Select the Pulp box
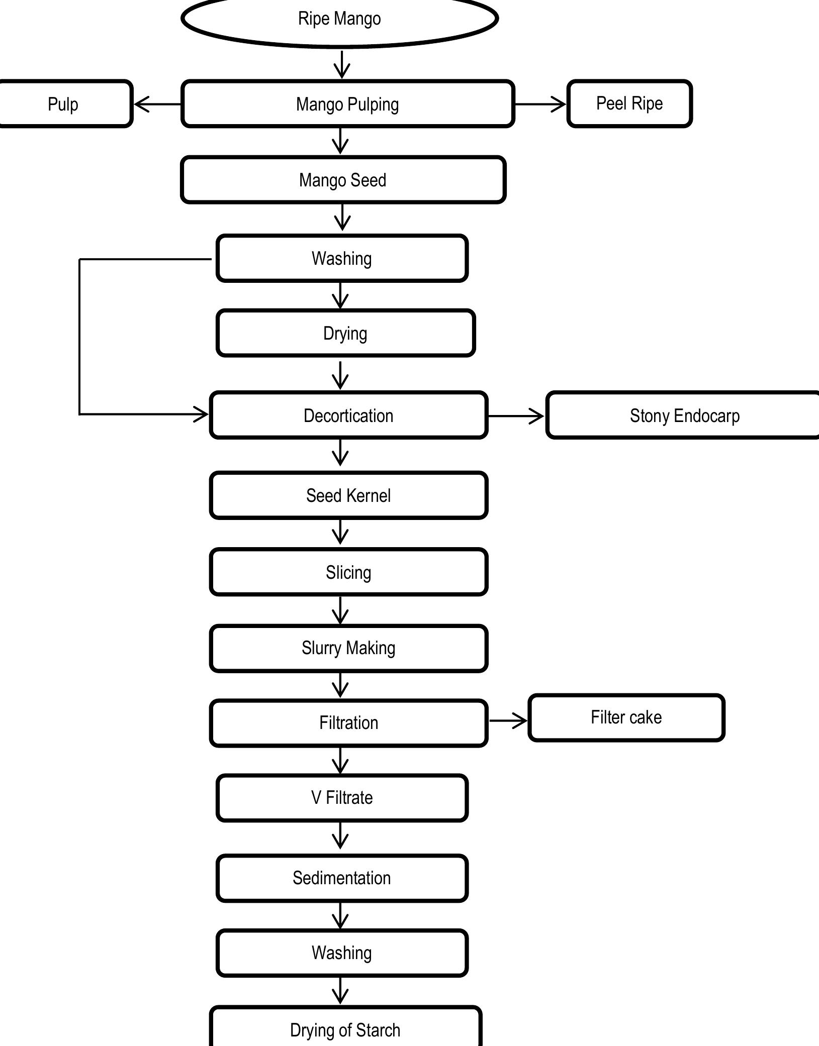(64, 104)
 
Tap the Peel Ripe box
(629, 103)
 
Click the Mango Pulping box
(347, 104)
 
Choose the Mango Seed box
(343, 180)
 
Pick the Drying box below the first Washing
(345, 334)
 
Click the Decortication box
(348, 415)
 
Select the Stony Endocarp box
(684, 415)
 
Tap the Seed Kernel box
(348, 495)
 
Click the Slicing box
(348, 572)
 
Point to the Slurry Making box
(348, 648)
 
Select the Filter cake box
(626, 717)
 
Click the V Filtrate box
(342, 798)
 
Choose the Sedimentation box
(342, 878)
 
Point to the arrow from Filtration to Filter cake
(508, 720)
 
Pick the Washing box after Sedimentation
(342, 953)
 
